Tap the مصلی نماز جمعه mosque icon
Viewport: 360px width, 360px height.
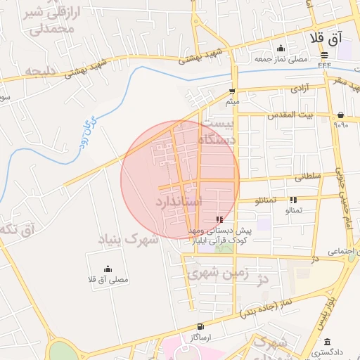coord(281,49)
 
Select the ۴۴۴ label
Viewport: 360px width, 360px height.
coord(324,65)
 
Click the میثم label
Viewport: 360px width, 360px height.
coord(232,102)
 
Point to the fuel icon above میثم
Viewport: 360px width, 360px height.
coord(232,91)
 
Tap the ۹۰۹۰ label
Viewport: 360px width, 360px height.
coord(341,125)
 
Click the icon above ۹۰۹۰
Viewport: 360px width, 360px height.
coord(341,115)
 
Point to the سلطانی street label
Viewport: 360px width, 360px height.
coord(302,177)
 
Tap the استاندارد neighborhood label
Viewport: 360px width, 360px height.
coord(179,202)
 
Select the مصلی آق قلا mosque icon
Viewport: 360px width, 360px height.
coord(108,268)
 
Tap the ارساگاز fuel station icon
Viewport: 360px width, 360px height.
coord(202,326)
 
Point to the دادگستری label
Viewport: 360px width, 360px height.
coord(329,349)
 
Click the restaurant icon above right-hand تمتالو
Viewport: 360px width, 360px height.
coord(293,200)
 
